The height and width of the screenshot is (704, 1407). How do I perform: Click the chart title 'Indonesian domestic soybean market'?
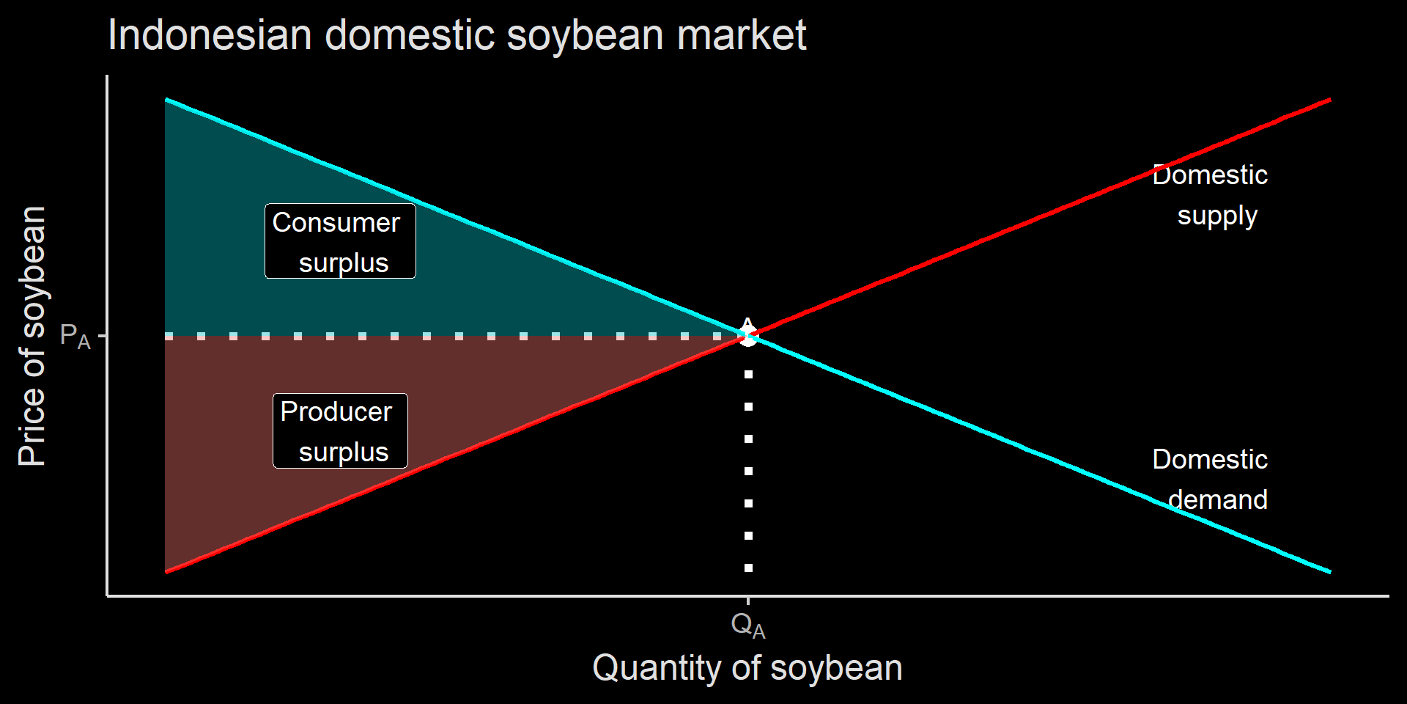457,35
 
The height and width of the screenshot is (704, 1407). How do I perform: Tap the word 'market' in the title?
742,35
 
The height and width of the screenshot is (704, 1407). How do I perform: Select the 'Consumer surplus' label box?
340,241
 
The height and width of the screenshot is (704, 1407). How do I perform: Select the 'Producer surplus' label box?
340,431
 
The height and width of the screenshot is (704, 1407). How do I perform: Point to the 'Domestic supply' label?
1210,196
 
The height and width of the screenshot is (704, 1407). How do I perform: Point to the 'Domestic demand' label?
1210,480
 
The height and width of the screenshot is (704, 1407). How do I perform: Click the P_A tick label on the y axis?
75,337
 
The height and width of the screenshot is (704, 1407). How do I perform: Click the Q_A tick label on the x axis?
748,626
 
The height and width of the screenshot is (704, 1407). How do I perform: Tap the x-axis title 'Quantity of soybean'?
747,668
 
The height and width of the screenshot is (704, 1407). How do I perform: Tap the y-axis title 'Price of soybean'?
32,336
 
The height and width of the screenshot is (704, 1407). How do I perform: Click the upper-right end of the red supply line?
1330,99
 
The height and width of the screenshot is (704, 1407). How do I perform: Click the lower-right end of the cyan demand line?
1330,572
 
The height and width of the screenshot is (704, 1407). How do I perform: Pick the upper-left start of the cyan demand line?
166,99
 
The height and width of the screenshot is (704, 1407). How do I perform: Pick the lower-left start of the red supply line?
166,572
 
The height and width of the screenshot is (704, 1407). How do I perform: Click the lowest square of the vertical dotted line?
748,568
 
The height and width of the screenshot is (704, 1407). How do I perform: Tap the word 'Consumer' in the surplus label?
336,222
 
